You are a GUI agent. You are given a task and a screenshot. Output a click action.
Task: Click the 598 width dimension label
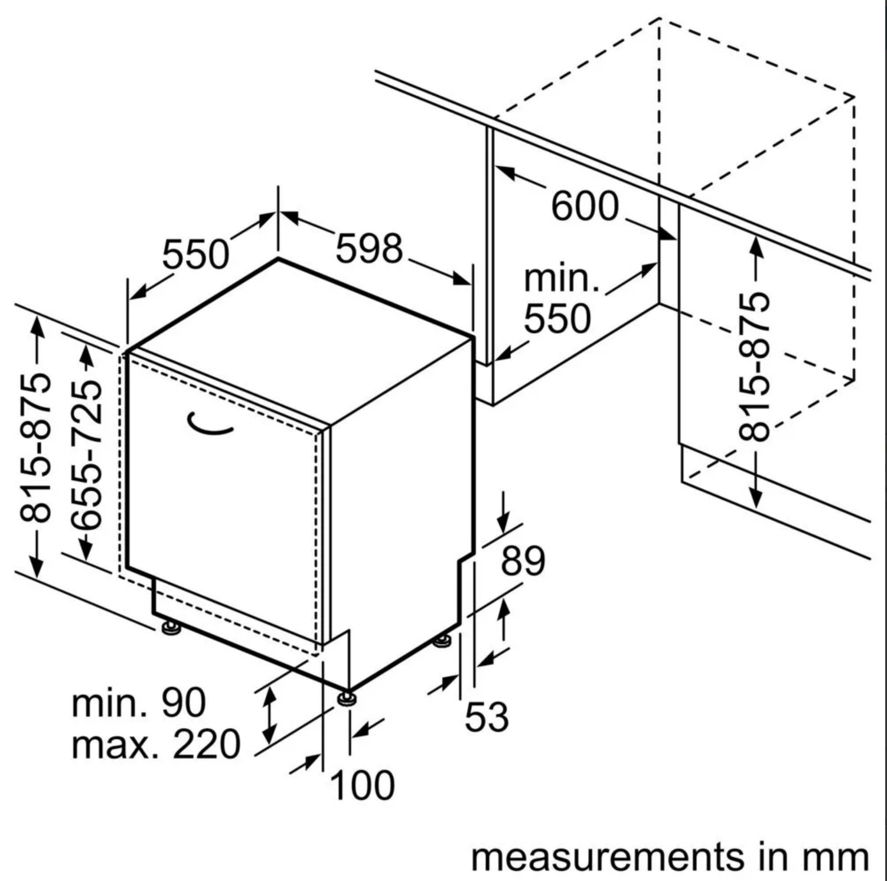tap(369, 249)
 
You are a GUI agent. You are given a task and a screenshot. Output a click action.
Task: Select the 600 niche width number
tap(585, 206)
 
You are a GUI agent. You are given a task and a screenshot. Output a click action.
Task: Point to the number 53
tap(487, 717)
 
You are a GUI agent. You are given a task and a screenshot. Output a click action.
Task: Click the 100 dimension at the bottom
tap(362, 785)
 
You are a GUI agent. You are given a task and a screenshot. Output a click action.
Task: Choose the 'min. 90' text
tap(139, 703)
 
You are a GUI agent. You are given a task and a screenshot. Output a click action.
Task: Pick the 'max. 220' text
tap(156, 744)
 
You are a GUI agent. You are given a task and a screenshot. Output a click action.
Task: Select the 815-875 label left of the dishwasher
tap(35, 447)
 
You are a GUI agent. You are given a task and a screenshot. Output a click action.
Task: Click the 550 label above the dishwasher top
tap(195, 254)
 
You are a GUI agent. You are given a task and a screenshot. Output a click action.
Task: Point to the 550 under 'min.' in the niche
tap(557, 319)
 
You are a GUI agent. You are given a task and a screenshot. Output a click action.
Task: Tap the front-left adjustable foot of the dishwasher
tap(171, 627)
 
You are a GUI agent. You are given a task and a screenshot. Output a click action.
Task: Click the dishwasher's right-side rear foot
tap(442, 641)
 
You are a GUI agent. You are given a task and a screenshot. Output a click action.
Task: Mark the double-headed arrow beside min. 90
tap(269, 716)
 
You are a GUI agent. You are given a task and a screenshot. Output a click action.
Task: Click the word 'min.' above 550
tap(562, 278)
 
